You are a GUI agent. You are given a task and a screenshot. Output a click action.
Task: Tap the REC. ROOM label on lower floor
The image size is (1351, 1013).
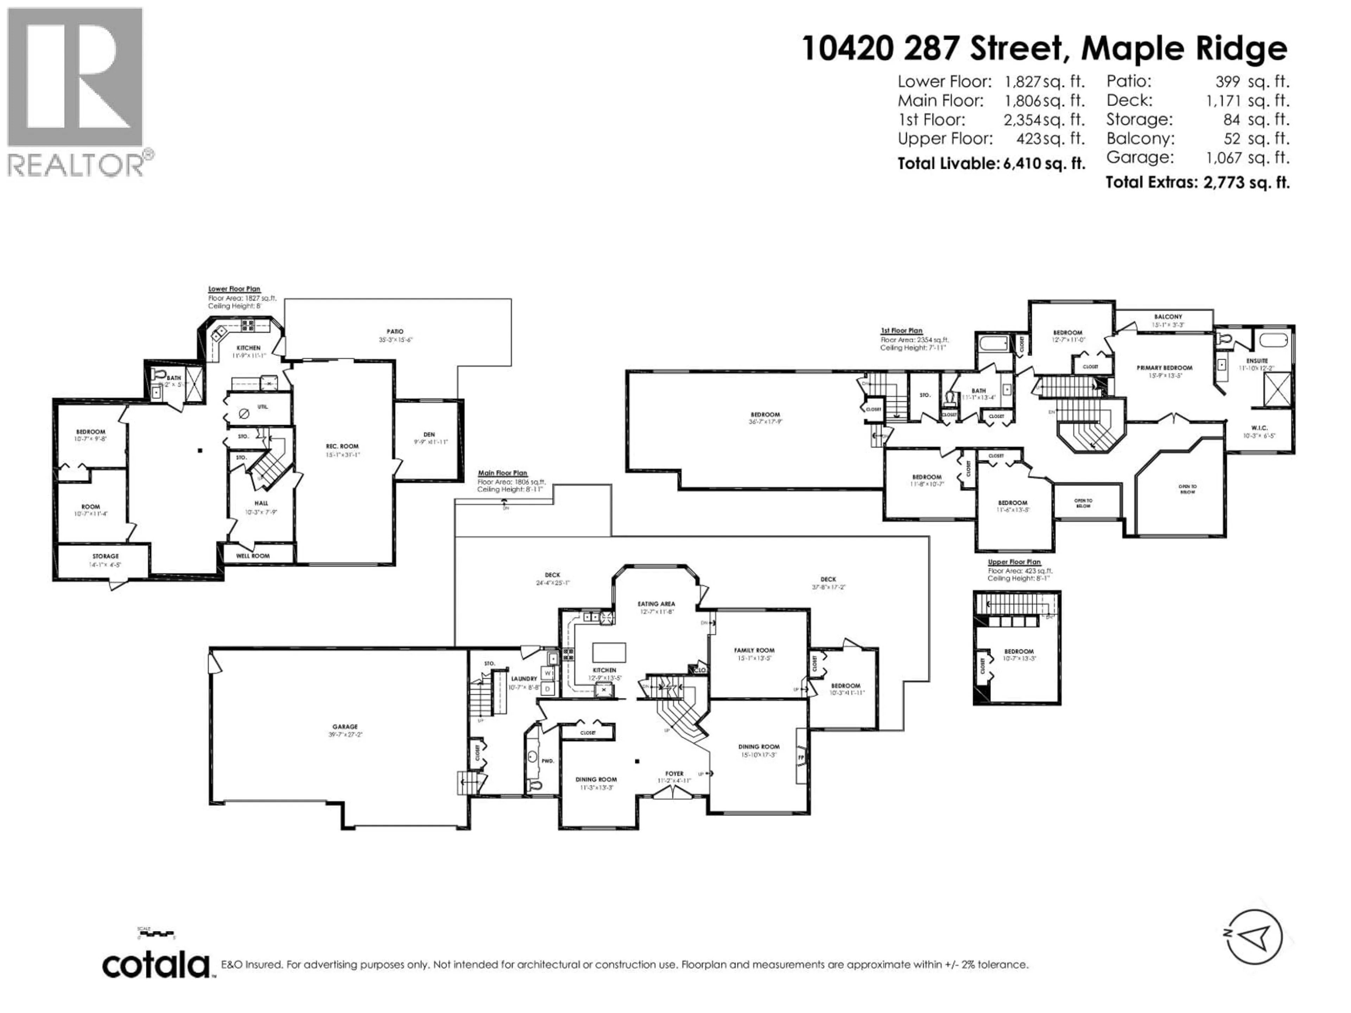[x=342, y=446]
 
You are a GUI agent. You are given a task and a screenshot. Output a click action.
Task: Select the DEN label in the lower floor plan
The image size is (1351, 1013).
[x=429, y=435]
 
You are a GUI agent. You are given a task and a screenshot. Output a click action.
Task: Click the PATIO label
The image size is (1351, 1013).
[x=395, y=332]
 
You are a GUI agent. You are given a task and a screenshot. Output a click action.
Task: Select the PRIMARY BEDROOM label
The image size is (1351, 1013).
[x=1164, y=368]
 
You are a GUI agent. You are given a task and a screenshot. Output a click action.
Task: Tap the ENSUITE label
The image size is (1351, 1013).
[x=1257, y=361]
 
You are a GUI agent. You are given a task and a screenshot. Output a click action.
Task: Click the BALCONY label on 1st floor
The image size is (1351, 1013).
[x=1168, y=317]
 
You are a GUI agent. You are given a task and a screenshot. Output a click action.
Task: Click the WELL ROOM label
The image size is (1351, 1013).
[x=253, y=556]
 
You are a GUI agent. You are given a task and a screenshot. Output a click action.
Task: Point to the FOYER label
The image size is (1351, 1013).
[x=674, y=773]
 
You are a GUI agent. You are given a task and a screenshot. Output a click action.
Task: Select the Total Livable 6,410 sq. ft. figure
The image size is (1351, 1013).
[x=991, y=164]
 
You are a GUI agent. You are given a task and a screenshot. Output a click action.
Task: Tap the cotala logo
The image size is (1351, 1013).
[x=156, y=966]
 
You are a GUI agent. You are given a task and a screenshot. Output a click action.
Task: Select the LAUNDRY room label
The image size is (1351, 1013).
[x=524, y=678]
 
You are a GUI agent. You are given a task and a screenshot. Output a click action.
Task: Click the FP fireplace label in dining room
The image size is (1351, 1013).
[x=801, y=757]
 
